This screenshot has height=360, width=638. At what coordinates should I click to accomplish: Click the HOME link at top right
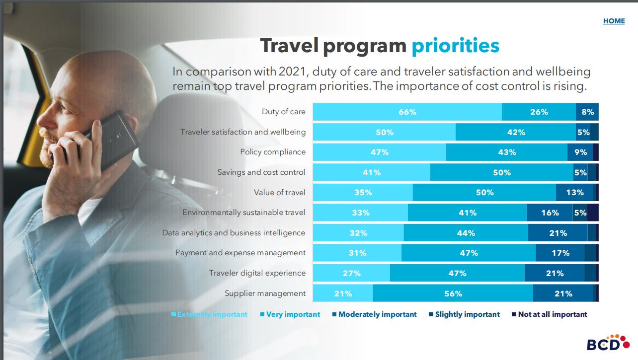pyautogui.click(x=614, y=21)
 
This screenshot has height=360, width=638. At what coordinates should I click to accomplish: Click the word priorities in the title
pyautogui.click(x=455, y=46)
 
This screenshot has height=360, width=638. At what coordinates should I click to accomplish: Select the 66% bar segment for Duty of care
pyautogui.click(x=407, y=112)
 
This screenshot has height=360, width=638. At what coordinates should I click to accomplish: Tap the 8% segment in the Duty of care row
pyautogui.click(x=587, y=112)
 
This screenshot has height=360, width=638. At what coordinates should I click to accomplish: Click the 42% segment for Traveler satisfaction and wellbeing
pyautogui.click(x=515, y=133)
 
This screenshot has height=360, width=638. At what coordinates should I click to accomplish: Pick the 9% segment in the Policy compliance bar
pyautogui.click(x=580, y=152)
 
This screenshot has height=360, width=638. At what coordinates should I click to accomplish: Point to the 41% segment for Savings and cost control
pyautogui.click(x=371, y=173)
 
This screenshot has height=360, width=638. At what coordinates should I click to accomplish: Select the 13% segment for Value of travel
pyautogui.click(x=574, y=193)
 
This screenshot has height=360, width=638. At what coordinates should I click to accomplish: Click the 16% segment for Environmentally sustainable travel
pyautogui.click(x=550, y=213)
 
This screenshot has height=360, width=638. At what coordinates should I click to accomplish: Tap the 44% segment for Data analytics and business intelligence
pyautogui.click(x=466, y=233)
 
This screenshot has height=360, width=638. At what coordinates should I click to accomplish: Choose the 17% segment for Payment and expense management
pyautogui.click(x=559, y=253)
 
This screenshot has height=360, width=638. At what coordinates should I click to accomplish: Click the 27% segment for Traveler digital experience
pyautogui.click(x=351, y=273)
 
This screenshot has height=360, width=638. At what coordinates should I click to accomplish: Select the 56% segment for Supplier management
pyautogui.click(x=453, y=293)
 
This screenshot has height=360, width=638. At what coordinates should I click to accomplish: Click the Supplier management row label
pyautogui.click(x=265, y=293)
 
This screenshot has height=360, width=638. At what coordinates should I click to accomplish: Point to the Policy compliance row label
pyautogui.click(x=273, y=152)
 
